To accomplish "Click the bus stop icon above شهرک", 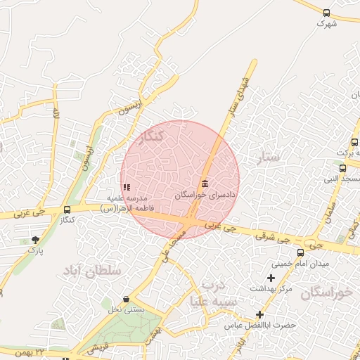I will (x=326, y=13).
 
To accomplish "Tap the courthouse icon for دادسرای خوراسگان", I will (x=205, y=184).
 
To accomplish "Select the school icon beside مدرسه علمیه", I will (x=127, y=188).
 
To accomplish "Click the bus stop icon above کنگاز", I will (x=67, y=210).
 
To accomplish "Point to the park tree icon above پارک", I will (x=36, y=240).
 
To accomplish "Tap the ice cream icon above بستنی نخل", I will (x=126, y=300).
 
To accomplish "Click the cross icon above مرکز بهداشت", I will (x=271, y=278).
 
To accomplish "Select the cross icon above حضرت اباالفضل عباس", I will (x=260, y=314).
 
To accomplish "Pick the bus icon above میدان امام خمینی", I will (x=301, y=252).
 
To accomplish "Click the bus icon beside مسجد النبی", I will (x=342, y=169).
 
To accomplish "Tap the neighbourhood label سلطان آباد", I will (x=92, y=270).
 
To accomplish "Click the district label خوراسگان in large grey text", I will (x=326, y=293).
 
